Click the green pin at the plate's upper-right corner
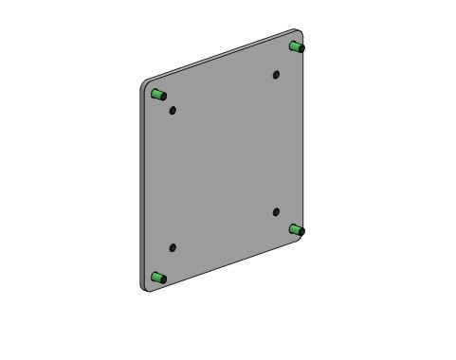coord(297,46)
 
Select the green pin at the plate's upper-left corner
coord(158,94)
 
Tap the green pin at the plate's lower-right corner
coord(297,230)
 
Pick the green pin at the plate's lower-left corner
coord(158,279)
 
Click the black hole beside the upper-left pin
coord(173,110)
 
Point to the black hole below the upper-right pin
coord(276,74)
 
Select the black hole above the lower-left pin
coord(173,248)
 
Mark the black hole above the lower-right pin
coord(276,212)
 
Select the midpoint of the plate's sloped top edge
coord(220,56)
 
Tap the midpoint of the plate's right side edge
coord(304,138)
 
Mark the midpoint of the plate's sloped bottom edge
coord(226,266)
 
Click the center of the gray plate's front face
coord(224,161)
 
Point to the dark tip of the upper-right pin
coord(301,47)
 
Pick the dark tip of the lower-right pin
coord(301,231)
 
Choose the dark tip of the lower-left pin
coord(163,279)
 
